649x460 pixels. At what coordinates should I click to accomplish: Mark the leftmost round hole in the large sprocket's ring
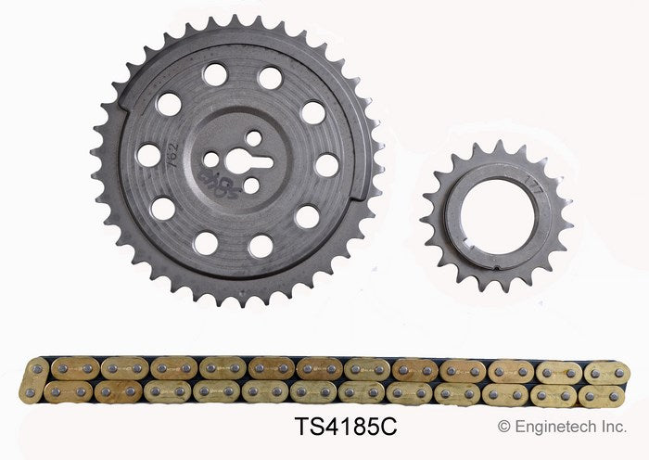148,155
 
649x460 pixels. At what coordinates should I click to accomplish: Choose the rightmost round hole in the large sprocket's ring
326,165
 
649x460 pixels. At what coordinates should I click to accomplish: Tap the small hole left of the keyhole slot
211,160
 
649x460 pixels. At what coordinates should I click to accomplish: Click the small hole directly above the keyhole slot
253,137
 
